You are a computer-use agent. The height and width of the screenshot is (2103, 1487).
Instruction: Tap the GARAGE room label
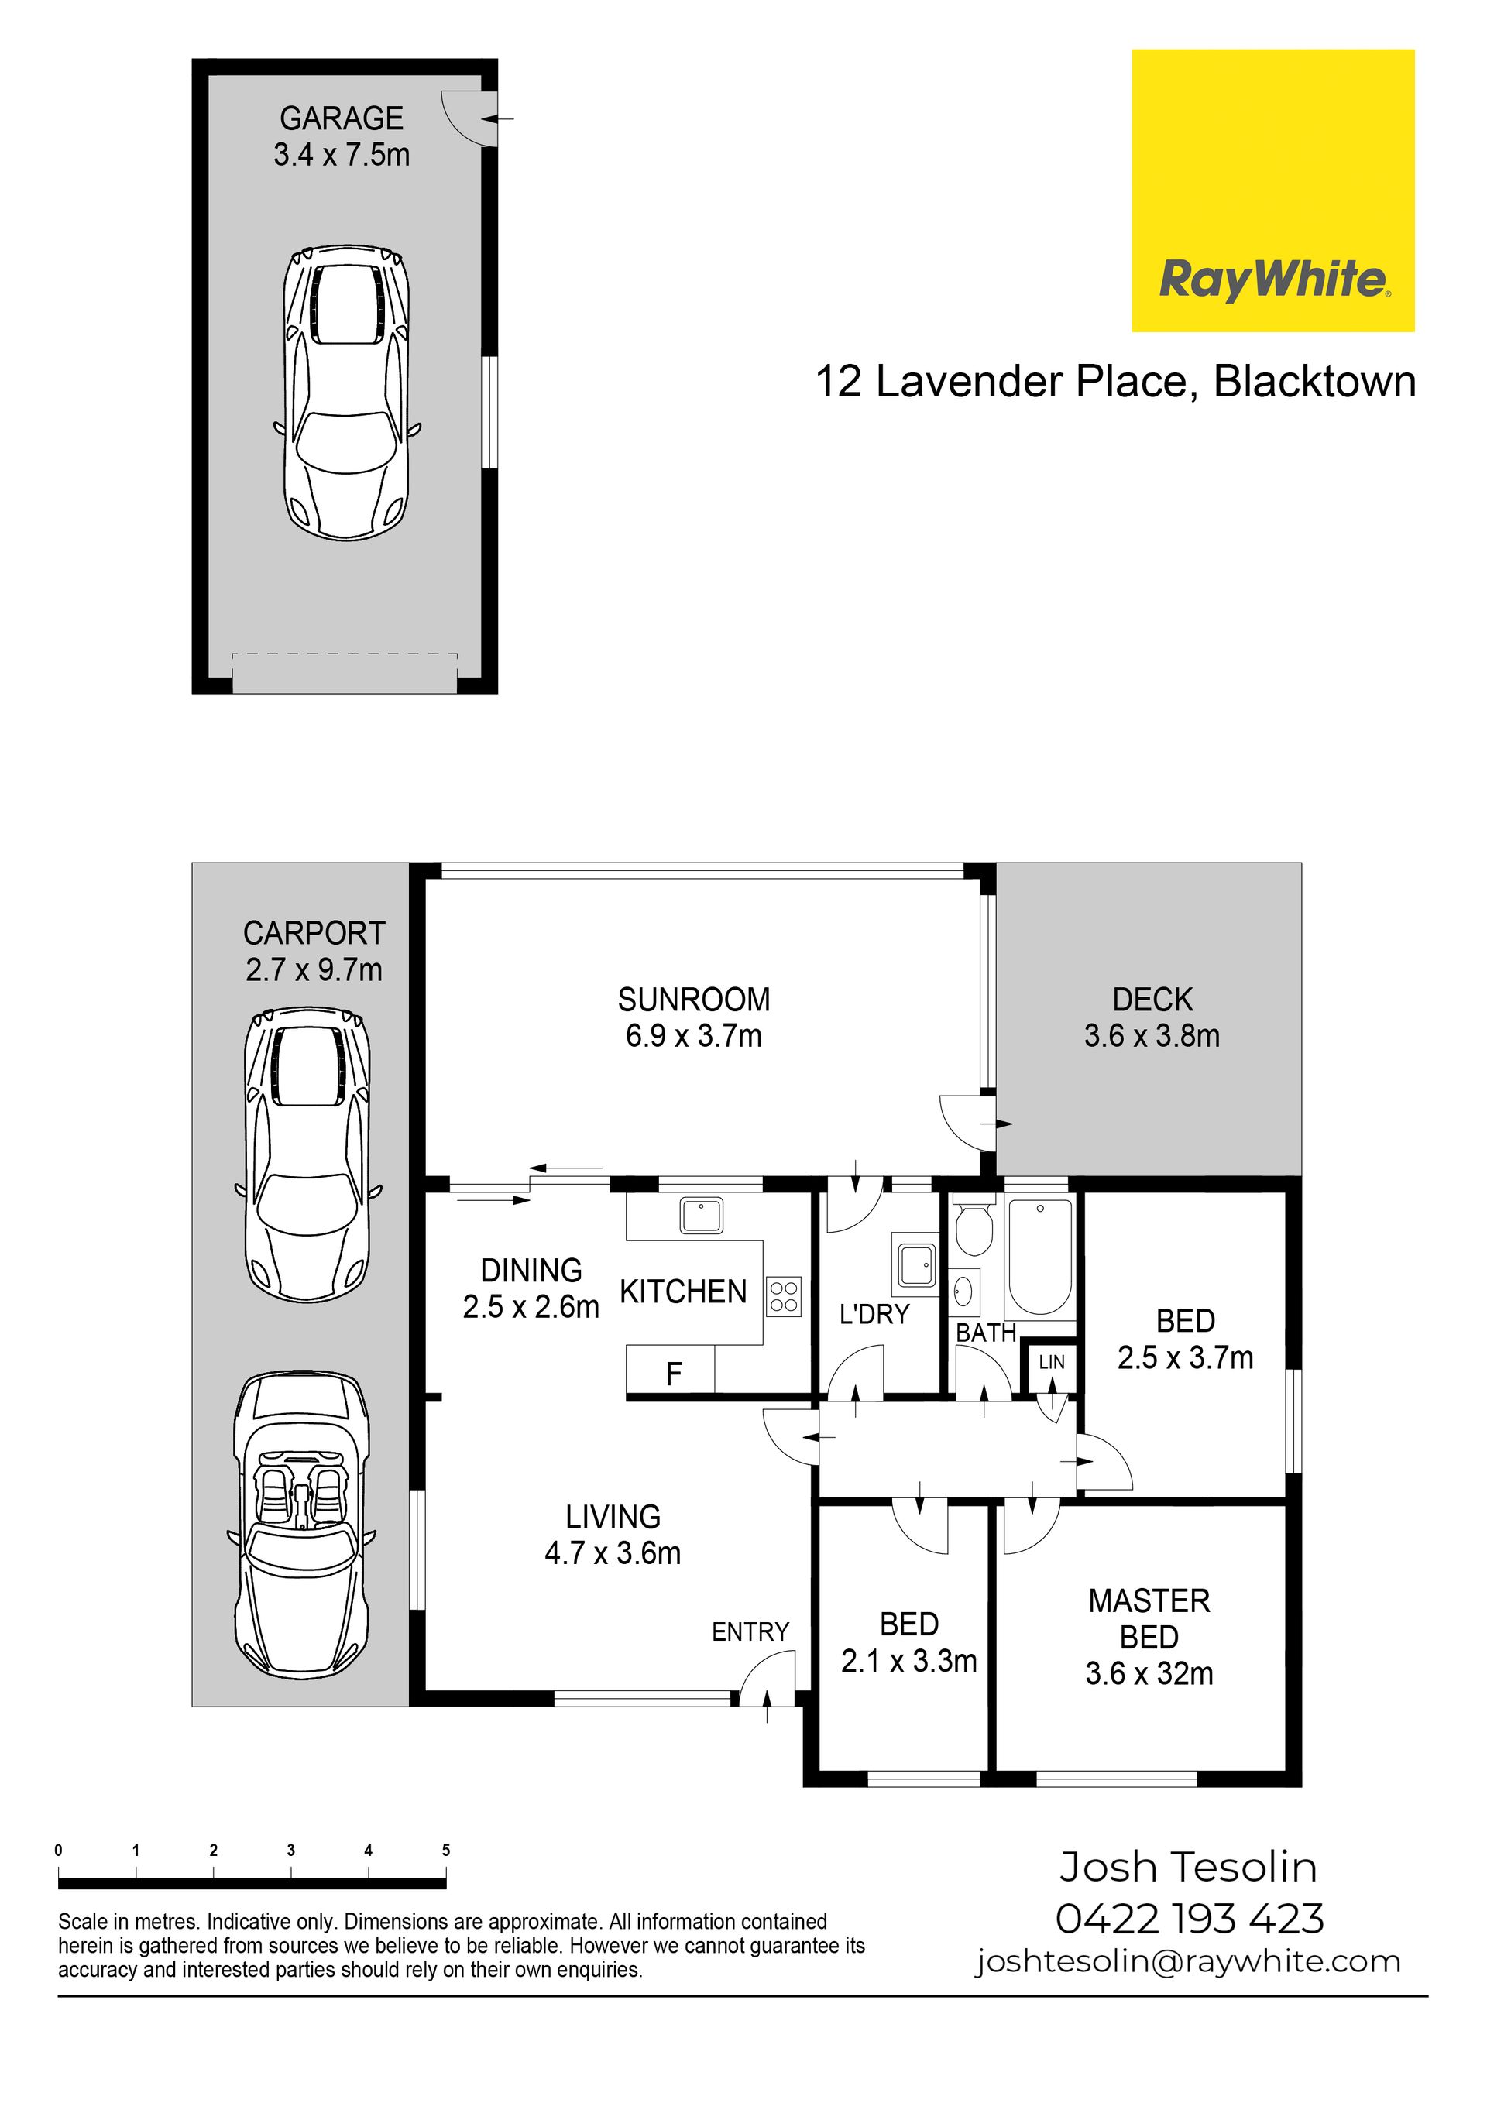pos(342,118)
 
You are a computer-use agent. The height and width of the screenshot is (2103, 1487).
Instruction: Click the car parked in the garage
pos(347,392)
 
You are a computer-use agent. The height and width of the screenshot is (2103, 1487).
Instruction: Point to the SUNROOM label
pos(694,1000)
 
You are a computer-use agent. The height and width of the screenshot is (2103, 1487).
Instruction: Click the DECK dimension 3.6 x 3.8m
pos(1152,1036)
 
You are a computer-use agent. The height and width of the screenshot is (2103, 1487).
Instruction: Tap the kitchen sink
pos(702,1216)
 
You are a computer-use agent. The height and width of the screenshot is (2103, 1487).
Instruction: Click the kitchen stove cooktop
pos(785,1296)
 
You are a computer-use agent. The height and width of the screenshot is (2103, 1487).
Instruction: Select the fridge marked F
pos(671,1371)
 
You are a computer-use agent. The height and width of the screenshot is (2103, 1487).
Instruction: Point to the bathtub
pos(1040,1256)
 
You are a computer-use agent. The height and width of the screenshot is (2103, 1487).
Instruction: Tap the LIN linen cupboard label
pos(1052,1362)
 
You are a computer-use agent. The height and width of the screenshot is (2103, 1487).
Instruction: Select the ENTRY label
pos(750,1631)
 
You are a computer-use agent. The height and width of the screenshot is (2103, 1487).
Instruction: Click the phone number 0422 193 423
pos(1190,1919)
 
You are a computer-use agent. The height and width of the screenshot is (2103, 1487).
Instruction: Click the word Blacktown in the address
pos(1315,381)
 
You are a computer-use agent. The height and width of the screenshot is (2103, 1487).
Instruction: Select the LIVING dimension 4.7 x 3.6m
pos(612,1553)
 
